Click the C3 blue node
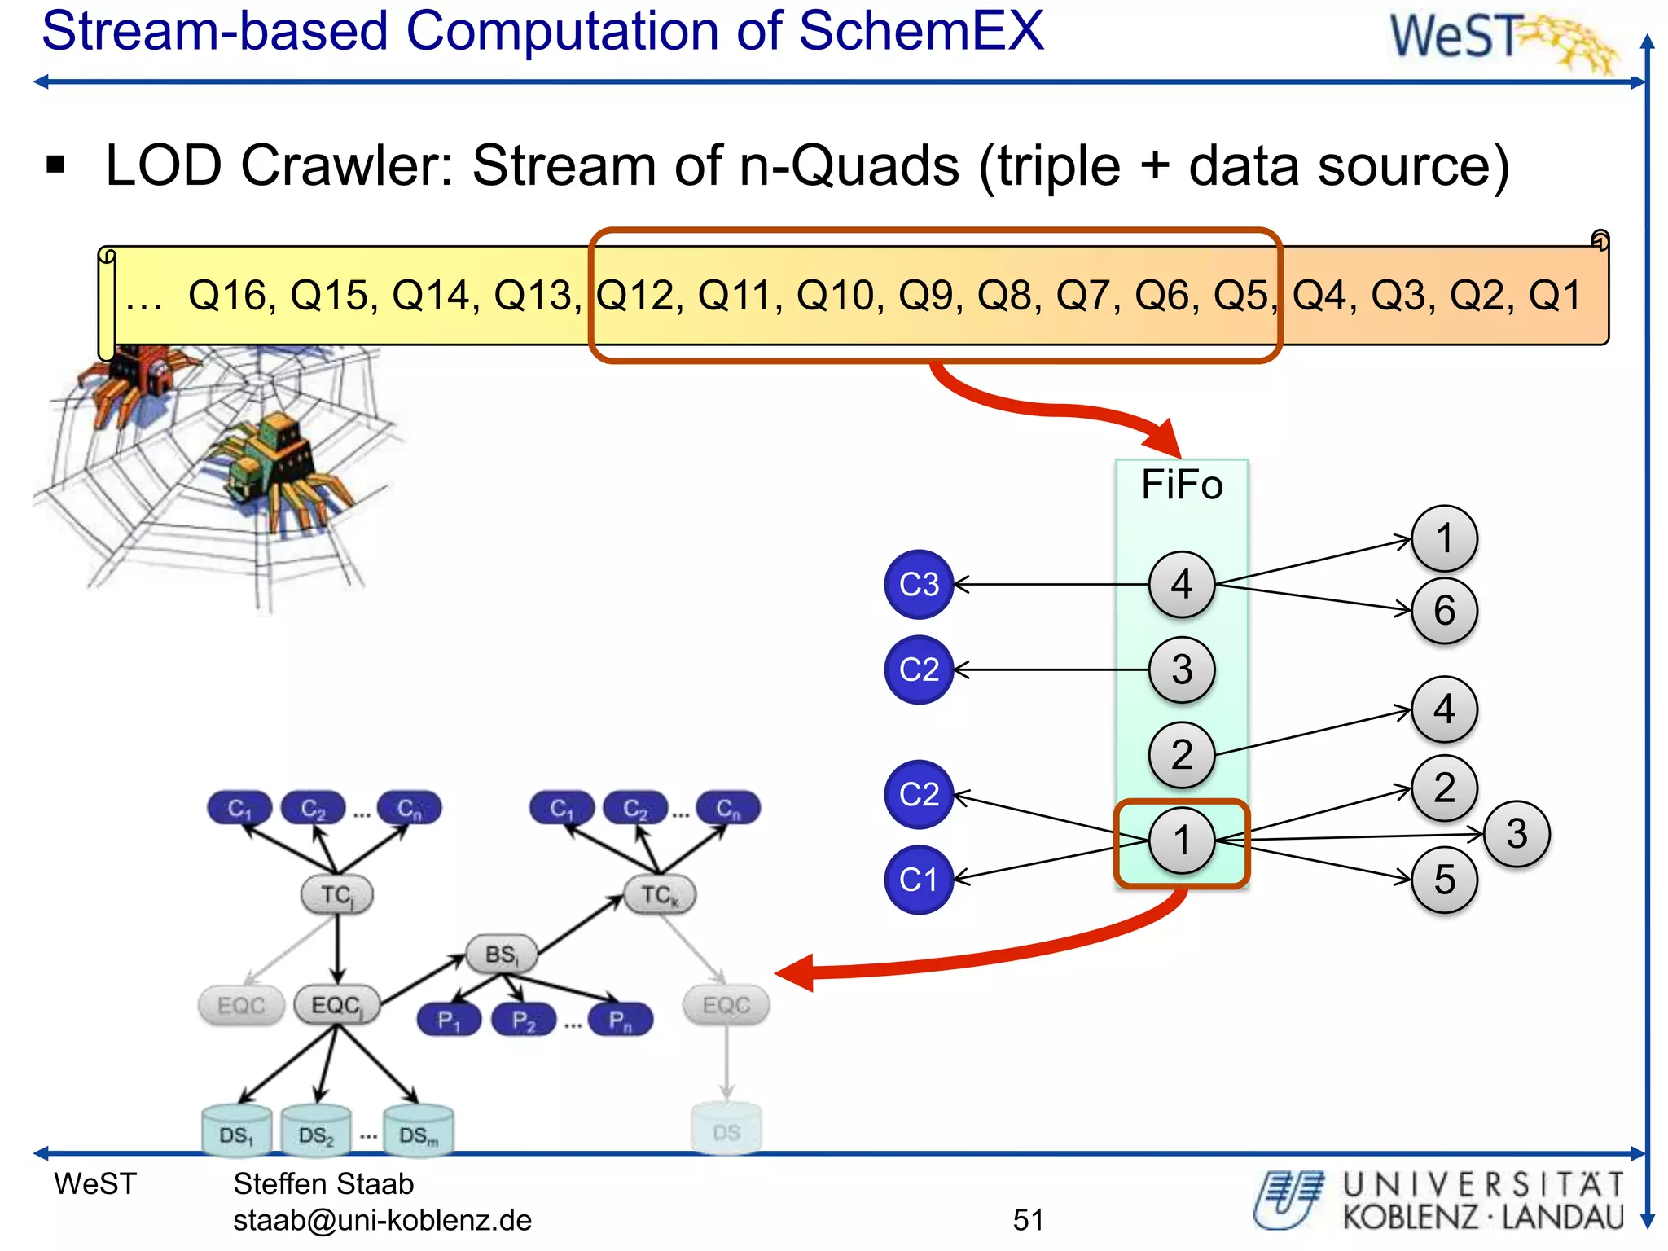(x=919, y=584)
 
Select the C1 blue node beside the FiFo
(x=919, y=880)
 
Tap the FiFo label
(x=1181, y=485)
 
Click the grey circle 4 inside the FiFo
(x=1181, y=584)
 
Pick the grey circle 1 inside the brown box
(x=1181, y=841)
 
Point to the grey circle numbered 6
(x=1444, y=611)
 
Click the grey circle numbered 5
(x=1444, y=880)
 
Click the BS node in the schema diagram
(x=502, y=955)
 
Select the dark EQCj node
(x=336, y=1005)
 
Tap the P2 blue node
(x=524, y=1020)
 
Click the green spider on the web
(x=277, y=464)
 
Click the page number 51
(x=1028, y=1219)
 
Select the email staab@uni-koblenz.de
(x=382, y=1219)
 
